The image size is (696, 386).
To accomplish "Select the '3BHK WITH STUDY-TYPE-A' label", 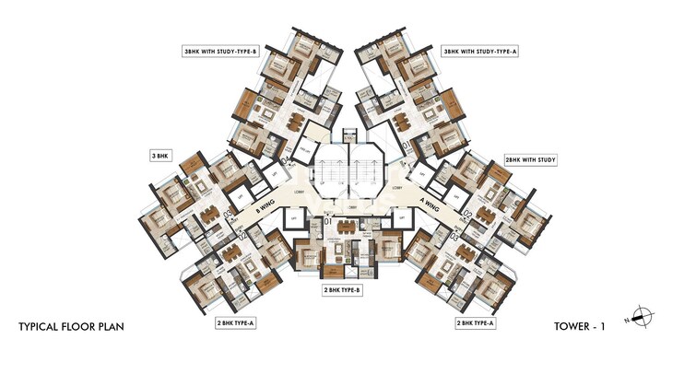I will (478, 53).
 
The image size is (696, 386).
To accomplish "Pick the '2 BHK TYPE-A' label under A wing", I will (477, 323).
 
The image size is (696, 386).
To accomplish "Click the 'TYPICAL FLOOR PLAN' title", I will (72, 326).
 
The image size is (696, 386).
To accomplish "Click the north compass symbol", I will (643, 314).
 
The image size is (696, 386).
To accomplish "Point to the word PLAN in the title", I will (109, 326).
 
